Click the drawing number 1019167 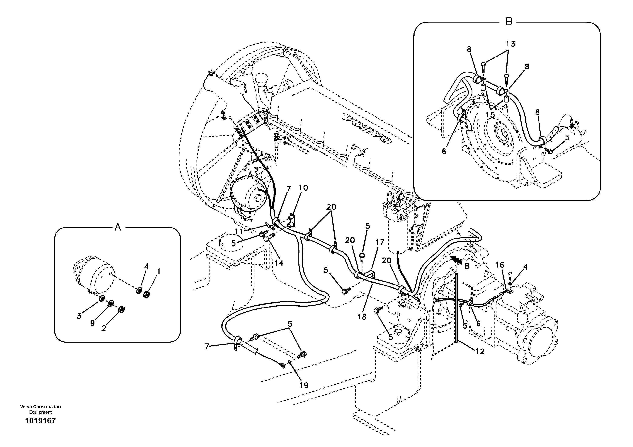[40, 421]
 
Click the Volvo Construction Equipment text [40, 409]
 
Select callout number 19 [304, 385]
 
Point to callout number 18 [362, 317]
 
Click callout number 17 [380, 242]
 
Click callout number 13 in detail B [510, 44]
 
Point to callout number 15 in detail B [490, 114]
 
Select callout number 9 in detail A [92, 323]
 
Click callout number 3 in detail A [79, 316]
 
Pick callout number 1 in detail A [158, 272]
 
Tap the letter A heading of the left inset [118, 227]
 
